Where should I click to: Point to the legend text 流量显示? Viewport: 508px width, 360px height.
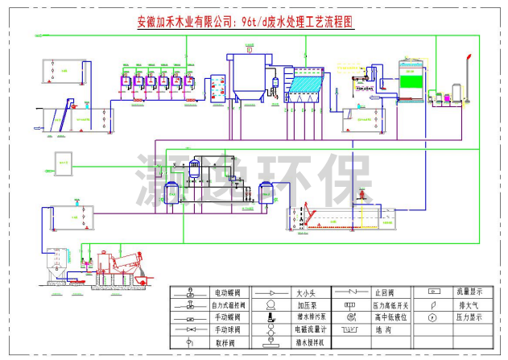pos(471,292)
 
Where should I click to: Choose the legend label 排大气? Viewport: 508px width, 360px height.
pos(469,305)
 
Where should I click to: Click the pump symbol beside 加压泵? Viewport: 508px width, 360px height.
pos(270,305)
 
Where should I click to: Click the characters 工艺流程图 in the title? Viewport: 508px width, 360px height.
pos(328,25)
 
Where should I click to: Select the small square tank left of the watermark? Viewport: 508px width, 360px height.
pos(64,162)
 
